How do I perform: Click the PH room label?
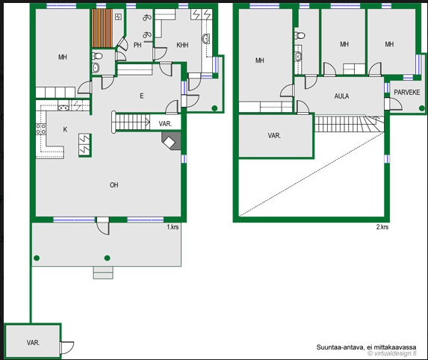tap(137, 45)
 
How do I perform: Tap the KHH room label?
tap(182, 45)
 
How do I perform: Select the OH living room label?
tap(114, 185)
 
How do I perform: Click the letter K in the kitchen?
tap(65, 129)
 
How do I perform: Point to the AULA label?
tap(341, 96)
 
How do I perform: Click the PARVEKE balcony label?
tap(406, 93)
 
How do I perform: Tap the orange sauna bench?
tap(102, 28)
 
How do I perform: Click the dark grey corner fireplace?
tap(171, 141)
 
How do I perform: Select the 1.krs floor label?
tap(173, 227)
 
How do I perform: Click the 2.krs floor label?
tap(382, 227)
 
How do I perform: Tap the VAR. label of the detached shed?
tap(33, 343)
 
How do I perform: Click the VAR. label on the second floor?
tap(274, 136)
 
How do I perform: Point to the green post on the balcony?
tap(422, 108)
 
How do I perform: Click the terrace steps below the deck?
tap(103, 273)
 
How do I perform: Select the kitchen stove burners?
tap(41, 129)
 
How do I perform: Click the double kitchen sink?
tap(63, 108)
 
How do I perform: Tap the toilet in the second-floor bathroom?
tap(300, 35)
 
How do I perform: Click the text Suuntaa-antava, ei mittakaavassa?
tap(366, 347)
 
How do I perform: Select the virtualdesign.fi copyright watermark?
tap(392, 353)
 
